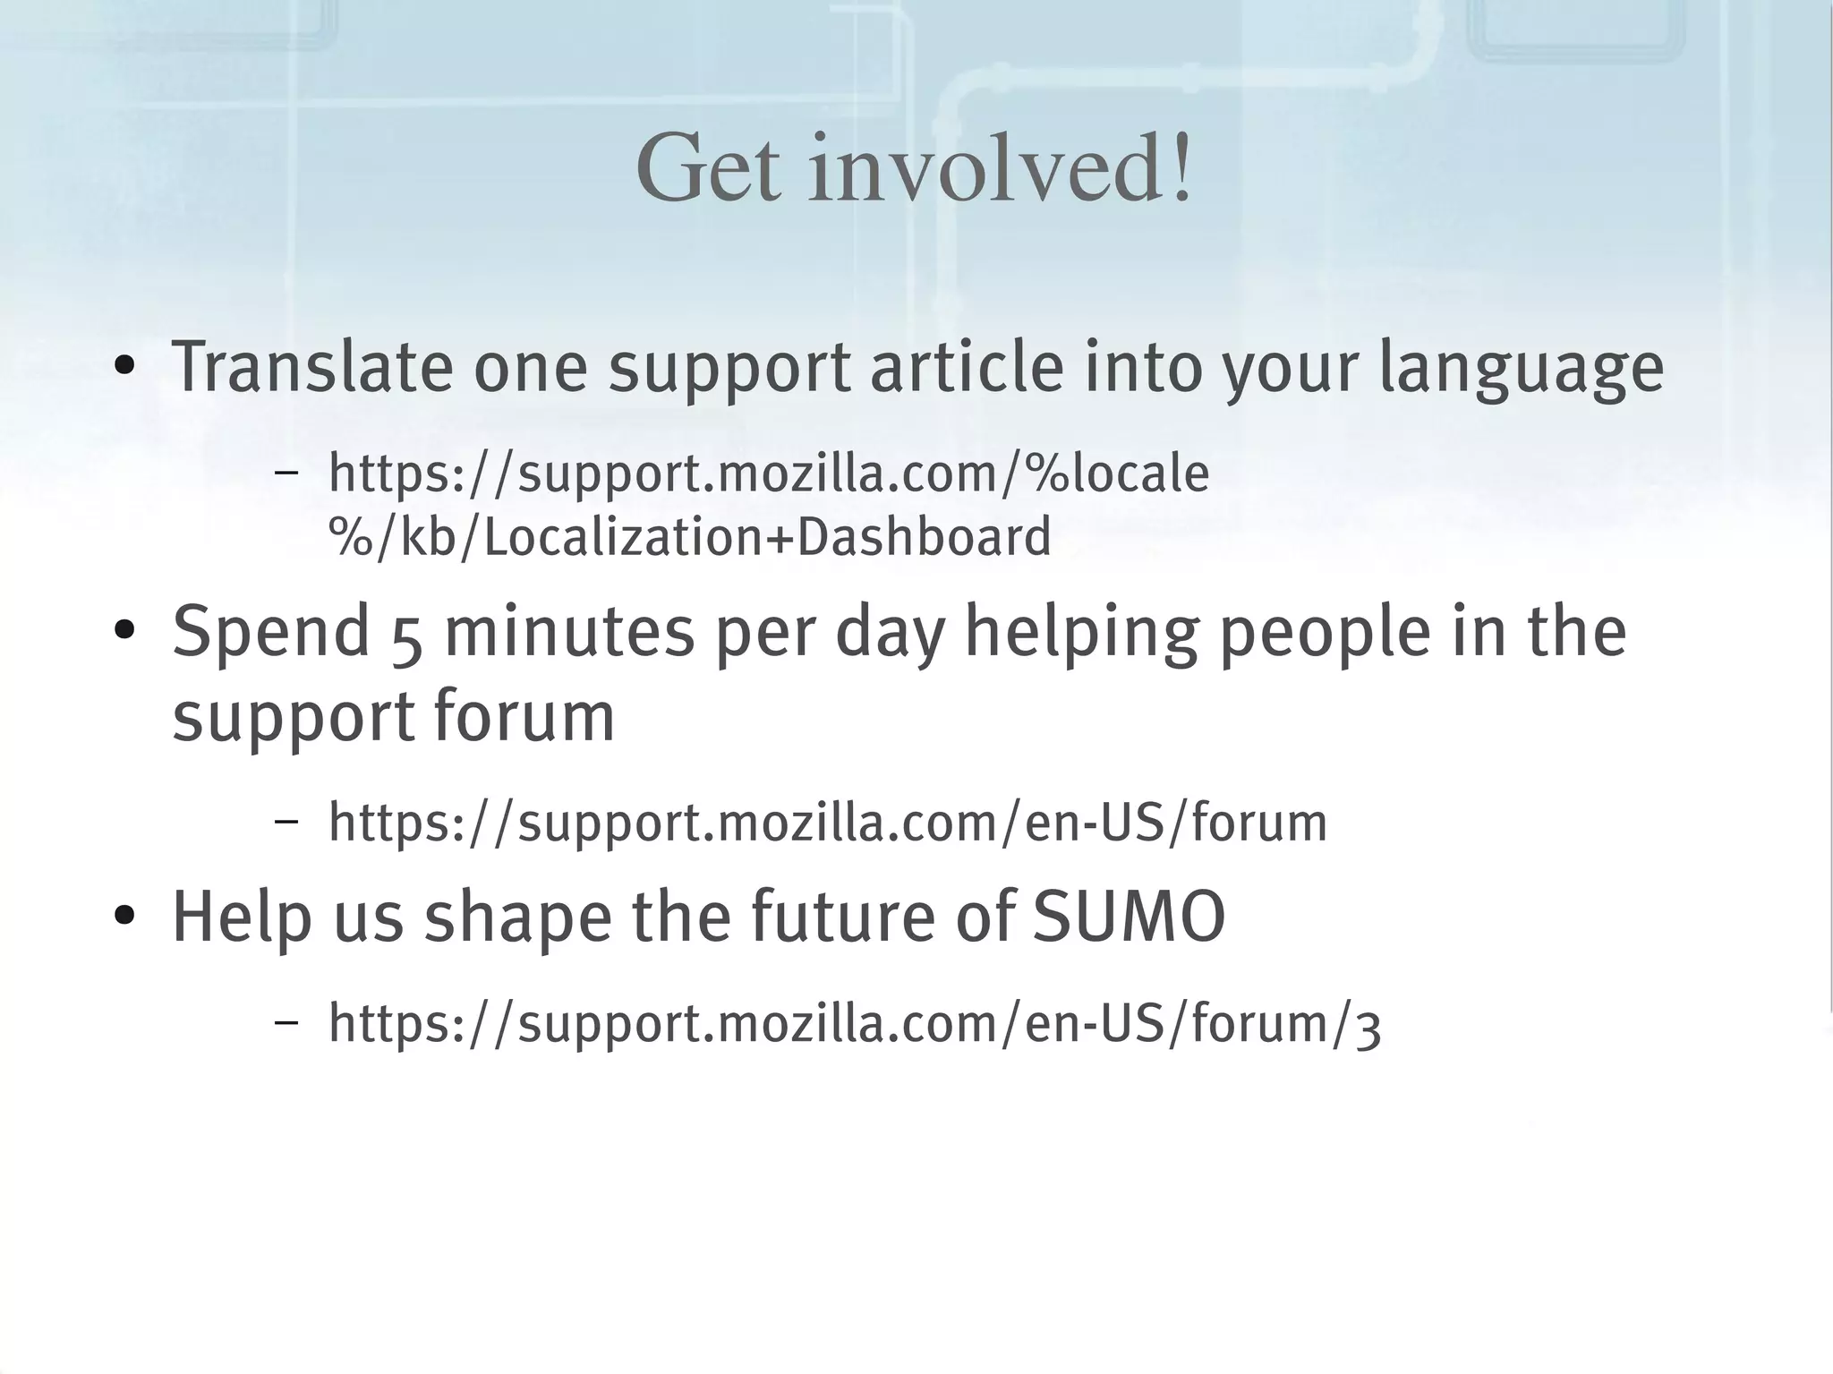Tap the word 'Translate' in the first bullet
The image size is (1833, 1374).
(x=312, y=367)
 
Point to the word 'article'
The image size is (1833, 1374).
(x=967, y=367)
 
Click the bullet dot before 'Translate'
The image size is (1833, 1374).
(x=124, y=368)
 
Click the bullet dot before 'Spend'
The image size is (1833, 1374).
(x=124, y=632)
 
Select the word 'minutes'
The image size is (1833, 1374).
(x=569, y=631)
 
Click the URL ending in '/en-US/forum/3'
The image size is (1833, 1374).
(x=855, y=1023)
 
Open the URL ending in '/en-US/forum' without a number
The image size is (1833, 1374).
(x=828, y=823)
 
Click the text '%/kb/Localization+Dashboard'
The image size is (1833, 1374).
(x=689, y=537)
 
